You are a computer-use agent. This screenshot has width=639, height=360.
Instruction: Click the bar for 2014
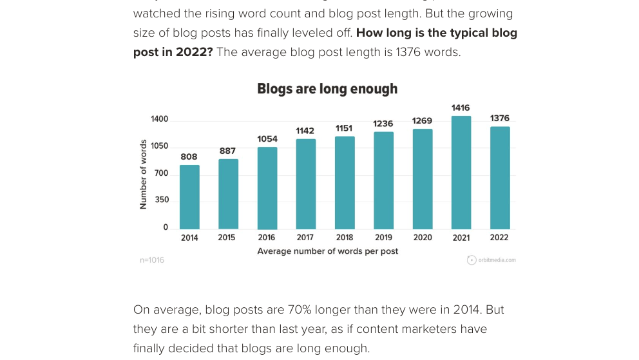coord(189,197)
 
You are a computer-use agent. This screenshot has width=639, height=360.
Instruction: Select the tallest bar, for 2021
coord(461,173)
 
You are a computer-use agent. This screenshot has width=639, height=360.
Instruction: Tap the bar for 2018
coord(345,183)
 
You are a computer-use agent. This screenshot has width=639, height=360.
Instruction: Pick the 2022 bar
coord(500,178)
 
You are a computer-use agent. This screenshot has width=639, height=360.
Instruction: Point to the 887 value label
coord(227,151)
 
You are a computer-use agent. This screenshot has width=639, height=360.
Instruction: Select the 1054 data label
coord(267,138)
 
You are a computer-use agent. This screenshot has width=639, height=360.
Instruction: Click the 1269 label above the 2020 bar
coord(423,120)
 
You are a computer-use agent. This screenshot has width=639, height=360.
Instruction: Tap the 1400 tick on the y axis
coord(159,119)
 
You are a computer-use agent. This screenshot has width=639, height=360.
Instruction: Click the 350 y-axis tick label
coord(161,200)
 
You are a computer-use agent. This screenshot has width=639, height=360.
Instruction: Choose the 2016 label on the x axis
coord(267,238)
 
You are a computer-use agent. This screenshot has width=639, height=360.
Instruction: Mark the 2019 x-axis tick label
coord(383,238)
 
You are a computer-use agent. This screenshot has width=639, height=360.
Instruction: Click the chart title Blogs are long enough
coord(327,89)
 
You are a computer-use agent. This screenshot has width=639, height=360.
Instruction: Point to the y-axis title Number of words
coord(143,175)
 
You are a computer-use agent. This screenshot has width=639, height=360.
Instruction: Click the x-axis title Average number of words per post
coord(327,251)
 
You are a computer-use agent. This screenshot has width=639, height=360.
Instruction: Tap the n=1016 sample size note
coord(152,260)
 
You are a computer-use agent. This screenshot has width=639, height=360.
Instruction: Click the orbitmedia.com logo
coord(491,260)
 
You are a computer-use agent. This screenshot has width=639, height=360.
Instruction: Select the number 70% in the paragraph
coord(298,310)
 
